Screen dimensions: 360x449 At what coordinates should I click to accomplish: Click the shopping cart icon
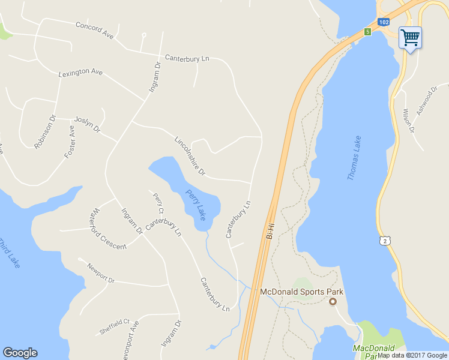click(x=410, y=38)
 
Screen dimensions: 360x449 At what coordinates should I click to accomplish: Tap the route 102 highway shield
click(x=384, y=22)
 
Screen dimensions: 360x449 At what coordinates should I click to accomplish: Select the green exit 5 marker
click(x=367, y=31)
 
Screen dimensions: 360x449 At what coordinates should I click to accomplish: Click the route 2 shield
click(x=384, y=240)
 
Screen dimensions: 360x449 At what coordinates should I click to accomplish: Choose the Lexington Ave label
click(x=80, y=73)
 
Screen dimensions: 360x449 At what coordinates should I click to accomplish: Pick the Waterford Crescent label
click(x=107, y=229)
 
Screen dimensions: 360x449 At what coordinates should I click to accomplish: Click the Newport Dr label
click(x=100, y=273)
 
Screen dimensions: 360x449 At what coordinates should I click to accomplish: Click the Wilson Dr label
click(x=408, y=121)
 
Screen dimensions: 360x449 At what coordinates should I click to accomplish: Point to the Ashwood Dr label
click(x=426, y=103)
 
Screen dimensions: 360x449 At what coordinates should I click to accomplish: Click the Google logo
click(x=20, y=353)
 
